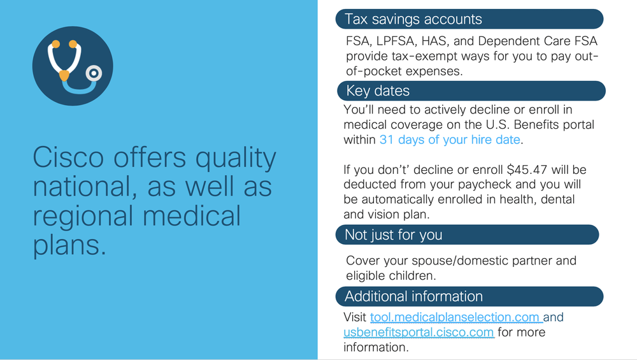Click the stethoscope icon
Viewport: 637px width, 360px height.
(73, 66)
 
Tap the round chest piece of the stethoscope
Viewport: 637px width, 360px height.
(94, 73)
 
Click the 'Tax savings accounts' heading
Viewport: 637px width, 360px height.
(413, 19)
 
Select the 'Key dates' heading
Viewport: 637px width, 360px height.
(378, 90)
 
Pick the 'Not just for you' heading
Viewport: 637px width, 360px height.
(393, 235)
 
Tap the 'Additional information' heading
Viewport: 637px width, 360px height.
(413, 296)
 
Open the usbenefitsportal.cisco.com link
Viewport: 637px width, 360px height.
(419, 333)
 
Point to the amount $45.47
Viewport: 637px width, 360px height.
(527, 169)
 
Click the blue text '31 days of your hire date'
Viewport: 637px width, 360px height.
(450, 140)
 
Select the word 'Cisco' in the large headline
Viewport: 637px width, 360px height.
(68, 157)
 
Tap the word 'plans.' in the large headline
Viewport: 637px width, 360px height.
(69, 245)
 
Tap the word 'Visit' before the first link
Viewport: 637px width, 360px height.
(355, 317)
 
